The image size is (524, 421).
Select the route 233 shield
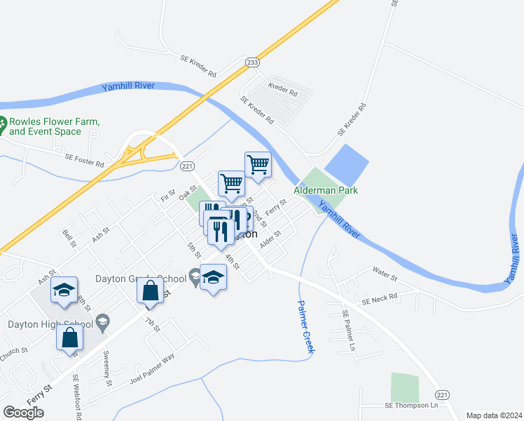pyautogui.click(x=253, y=62)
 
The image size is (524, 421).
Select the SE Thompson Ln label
pyautogui.click(x=411, y=406)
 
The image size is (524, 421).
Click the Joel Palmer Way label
pyautogui.click(x=151, y=373)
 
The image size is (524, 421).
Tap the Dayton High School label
pyautogui.click(x=50, y=323)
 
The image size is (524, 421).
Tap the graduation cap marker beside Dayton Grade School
pyautogui.click(x=214, y=278)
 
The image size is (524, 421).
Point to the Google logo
pyautogui.click(x=23, y=413)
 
